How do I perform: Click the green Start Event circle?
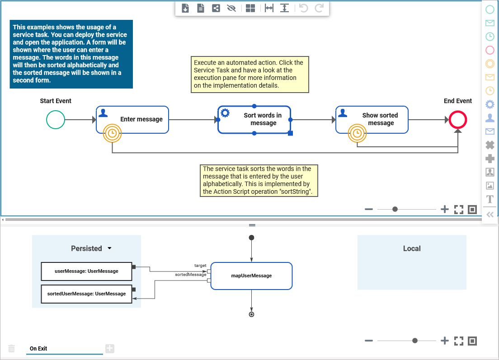(x=56, y=120)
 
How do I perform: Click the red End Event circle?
(x=458, y=120)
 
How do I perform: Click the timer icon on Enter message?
(x=112, y=133)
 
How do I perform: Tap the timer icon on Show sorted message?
(x=357, y=133)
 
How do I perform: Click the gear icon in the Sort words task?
(x=225, y=113)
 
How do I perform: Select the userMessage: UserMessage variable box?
(x=86, y=271)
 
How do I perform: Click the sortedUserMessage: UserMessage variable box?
(x=86, y=294)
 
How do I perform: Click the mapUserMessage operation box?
(x=251, y=276)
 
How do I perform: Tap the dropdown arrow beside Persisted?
(x=109, y=248)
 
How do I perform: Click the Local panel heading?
(x=411, y=248)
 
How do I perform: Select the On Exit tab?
(x=38, y=348)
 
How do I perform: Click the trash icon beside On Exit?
(x=12, y=348)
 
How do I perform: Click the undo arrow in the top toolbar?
(x=304, y=8)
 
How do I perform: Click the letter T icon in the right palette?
(x=490, y=199)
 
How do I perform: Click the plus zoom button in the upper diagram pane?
(x=445, y=209)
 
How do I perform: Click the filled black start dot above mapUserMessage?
(x=251, y=238)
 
